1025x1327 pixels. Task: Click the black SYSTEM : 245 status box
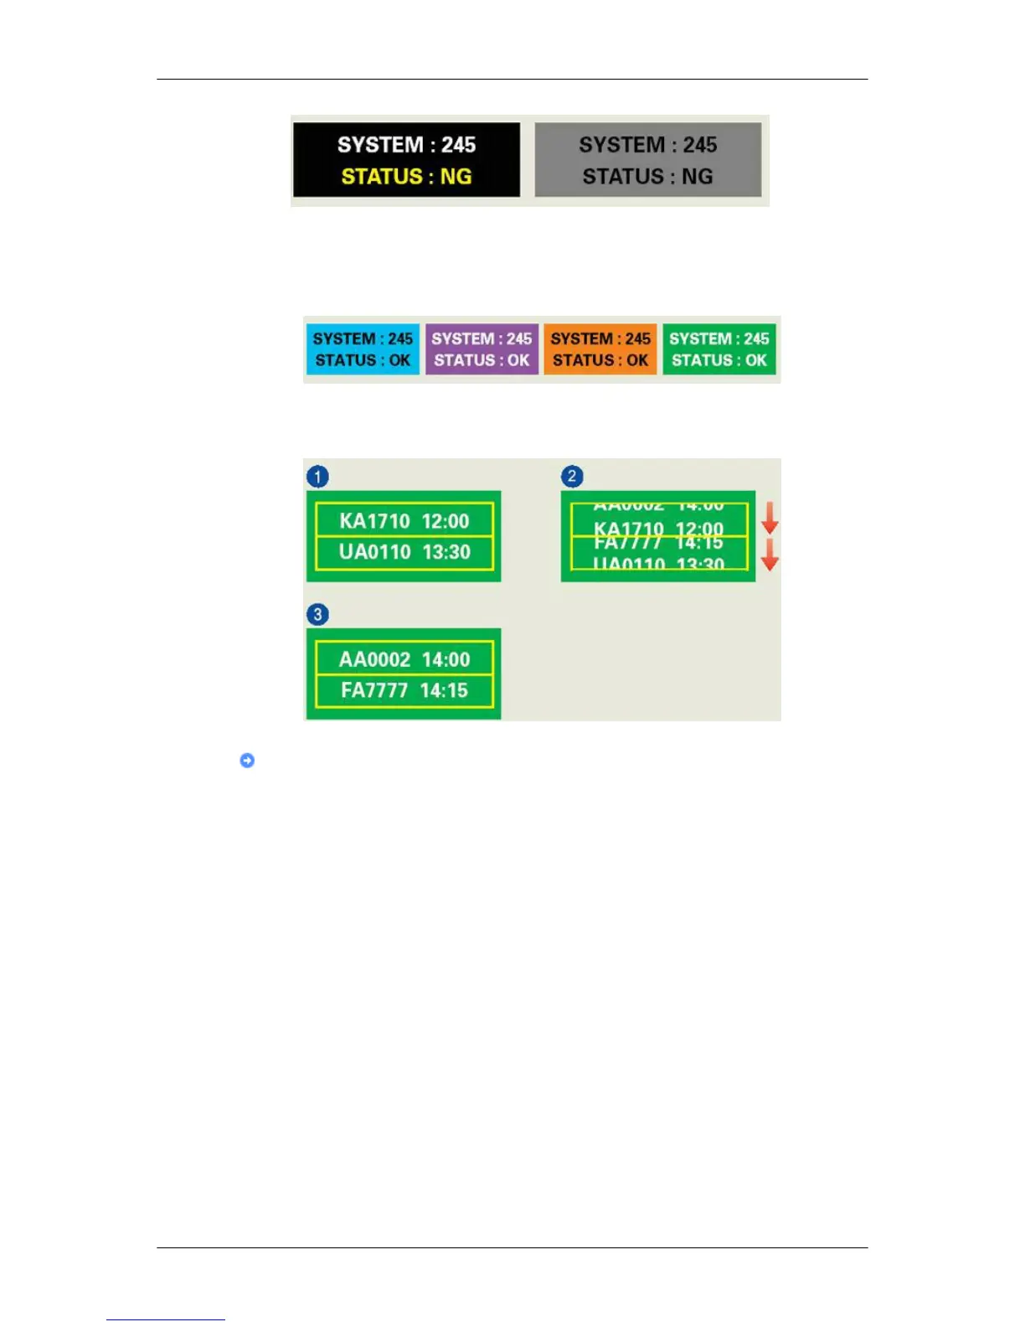click(406, 160)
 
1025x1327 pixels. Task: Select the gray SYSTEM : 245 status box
click(647, 160)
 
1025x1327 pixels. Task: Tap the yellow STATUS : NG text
click(406, 177)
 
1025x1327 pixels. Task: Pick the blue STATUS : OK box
click(363, 349)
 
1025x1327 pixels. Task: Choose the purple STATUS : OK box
click(482, 349)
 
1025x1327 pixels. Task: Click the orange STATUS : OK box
click(600, 349)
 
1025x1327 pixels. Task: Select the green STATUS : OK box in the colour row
click(719, 349)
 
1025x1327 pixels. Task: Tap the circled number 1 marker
click(317, 477)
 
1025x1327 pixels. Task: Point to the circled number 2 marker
click(572, 477)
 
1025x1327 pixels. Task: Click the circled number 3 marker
click(317, 615)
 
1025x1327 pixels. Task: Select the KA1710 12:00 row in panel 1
click(404, 521)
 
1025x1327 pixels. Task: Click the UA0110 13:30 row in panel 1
click(404, 552)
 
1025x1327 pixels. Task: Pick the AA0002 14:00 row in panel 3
click(404, 659)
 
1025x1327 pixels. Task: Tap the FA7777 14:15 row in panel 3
click(404, 690)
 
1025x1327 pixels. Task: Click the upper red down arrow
click(770, 519)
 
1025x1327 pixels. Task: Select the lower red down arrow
click(770, 555)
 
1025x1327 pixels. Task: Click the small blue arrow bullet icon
click(247, 761)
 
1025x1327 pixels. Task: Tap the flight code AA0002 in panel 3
click(374, 659)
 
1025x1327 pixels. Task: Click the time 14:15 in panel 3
click(444, 690)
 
